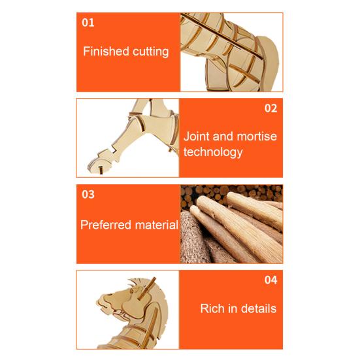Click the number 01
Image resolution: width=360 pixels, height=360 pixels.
(x=88, y=22)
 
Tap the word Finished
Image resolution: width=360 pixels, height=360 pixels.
(x=105, y=51)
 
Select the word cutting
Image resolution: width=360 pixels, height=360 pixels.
(x=149, y=52)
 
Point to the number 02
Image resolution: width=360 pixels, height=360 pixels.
(x=270, y=108)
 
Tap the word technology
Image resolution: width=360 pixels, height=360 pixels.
(x=213, y=152)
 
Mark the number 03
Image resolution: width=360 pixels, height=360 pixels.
(x=88, y=194)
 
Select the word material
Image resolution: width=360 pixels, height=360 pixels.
(x=155, y=225)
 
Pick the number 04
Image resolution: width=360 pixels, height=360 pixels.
(x=270, y=280)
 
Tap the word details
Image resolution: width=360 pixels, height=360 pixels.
(x=257, y=308)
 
